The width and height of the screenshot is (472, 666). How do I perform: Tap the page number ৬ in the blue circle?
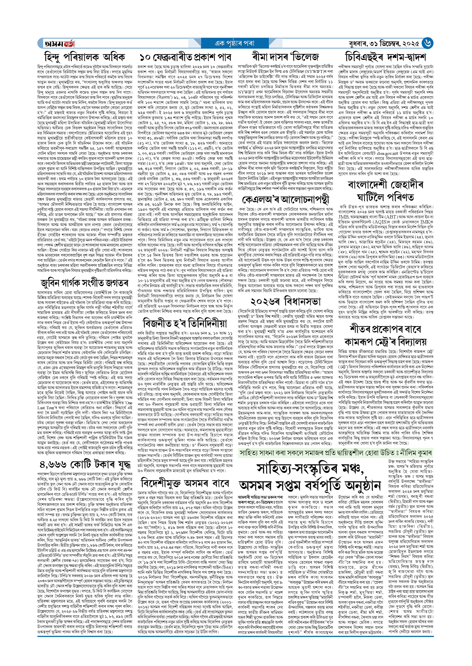427,43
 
